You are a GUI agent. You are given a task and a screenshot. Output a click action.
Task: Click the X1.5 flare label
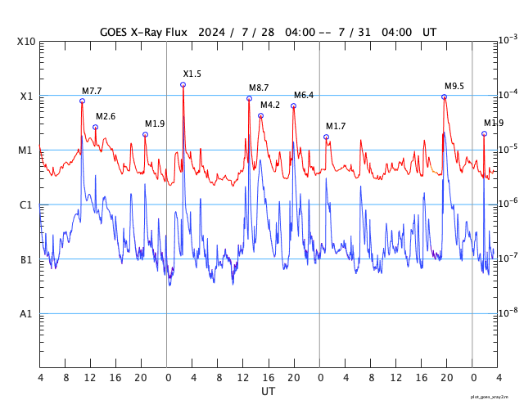(x=192, y=74)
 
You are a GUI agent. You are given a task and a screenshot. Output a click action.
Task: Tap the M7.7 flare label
(x=92, y=91)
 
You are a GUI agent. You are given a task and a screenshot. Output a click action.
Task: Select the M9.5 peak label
(x=454, y=86)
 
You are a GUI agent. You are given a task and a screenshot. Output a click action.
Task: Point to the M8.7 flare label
(x=259, y=88)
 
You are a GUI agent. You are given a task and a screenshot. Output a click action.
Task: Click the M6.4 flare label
(x=304, y=95)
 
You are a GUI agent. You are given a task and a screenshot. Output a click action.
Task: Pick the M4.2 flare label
(x=270, y=105)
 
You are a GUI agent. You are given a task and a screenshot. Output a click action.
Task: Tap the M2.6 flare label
(x=106, y=116)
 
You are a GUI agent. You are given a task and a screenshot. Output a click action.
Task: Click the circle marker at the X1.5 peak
(x=183, y=84)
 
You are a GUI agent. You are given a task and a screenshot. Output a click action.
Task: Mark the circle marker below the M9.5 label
(x=445, y=97)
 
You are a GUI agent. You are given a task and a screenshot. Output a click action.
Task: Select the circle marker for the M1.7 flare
(x=326, y=137)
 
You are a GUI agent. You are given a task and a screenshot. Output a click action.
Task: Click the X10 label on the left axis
(x=25, y=42)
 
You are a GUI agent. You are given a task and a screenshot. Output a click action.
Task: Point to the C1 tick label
(x=26, y=204)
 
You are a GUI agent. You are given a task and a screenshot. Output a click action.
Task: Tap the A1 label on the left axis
(x=26, y=313)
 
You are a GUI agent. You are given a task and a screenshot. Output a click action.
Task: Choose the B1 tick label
(x=26, y=259)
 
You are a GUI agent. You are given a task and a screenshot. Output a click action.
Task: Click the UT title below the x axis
(x=268, y=392)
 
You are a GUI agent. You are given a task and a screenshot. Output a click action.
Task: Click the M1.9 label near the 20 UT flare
(x=155, y=124)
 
